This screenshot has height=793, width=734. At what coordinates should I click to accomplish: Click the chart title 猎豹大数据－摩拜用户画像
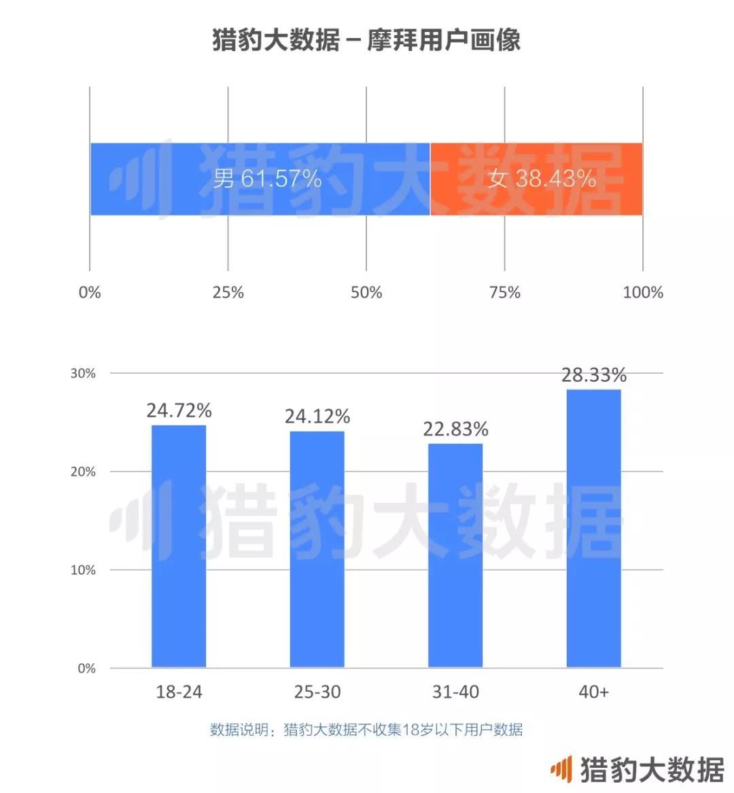pyautogui.click(x=366, y=39)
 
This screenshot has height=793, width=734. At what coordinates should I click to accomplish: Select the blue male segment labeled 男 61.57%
pyautogui.click(x=260, y=179)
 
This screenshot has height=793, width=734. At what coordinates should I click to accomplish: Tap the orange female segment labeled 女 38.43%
pyautogui.click(x=536, y=179)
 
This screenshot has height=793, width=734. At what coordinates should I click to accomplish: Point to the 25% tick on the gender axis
pyautogui.click(x=228, y=292)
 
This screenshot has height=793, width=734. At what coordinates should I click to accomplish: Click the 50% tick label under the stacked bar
pyautogui.click(x=366, y=292)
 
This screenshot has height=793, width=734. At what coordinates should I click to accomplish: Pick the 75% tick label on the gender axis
pyautogui.click(x=505, y=292)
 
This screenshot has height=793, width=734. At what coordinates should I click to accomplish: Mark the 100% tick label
pyautogui.click(x=643, y=292)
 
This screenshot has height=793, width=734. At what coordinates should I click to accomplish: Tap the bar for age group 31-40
pyautogui.click(x=455, y=555)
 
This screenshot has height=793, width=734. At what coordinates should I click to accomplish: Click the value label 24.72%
pyautogui.click(x=179, y=410)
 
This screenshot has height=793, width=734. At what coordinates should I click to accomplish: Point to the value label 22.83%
pyautogui.click(x=455, y=429)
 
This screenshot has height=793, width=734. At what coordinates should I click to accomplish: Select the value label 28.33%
pyautogui.click(x=593, y=375)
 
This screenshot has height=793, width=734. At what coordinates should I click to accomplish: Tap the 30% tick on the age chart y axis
pyautogui.click(x=83, y=374)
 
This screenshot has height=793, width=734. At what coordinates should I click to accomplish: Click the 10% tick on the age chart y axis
pyautogui.click(x=83, y=570)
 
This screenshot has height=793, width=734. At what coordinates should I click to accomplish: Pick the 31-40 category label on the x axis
pyautogui.click(x=455, y=692)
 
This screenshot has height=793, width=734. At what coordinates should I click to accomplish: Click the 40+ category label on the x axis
pyautogui.click(x=593, y=692)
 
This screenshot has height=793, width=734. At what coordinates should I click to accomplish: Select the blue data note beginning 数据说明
pyautogui.click(x=366, y=730)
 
